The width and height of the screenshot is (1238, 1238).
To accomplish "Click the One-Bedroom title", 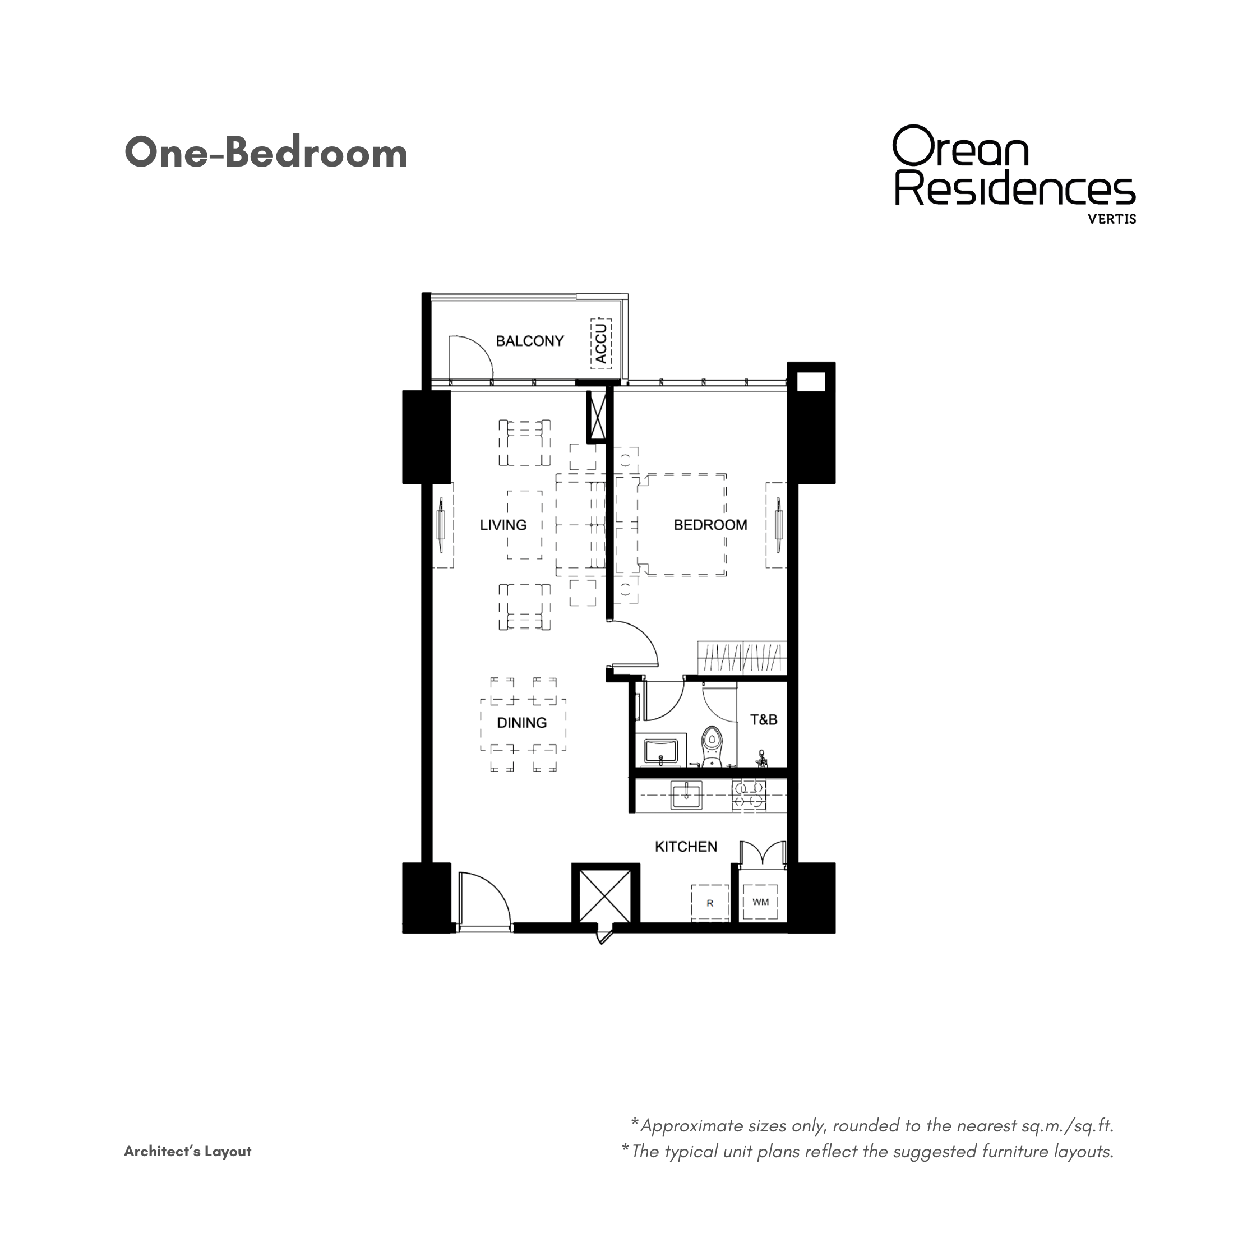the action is (x=266, y=153).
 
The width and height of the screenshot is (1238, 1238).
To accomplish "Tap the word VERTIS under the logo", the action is (x=1112, y=219).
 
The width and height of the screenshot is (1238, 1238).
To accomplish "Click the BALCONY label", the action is (x=530, y=341).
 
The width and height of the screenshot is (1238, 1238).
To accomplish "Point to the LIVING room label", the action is (x=503, y=525).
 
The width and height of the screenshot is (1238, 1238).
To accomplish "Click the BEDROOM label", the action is (x=710, y=525).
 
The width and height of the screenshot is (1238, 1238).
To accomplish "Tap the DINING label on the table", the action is (x=521, y=723).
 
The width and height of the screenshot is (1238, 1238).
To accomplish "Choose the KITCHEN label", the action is (x=686, y=847).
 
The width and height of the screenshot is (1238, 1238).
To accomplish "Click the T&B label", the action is (x=763, y=719).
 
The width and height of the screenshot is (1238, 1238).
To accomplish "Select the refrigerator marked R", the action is (x=710, y=903).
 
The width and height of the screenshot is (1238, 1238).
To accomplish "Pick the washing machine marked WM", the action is (x=761, y=902).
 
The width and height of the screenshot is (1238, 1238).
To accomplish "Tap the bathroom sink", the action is (x=660, y=752).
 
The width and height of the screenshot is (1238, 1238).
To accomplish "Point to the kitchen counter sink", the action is (x=686, y=794).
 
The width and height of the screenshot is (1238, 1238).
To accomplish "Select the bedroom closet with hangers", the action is (x=741, y=658).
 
